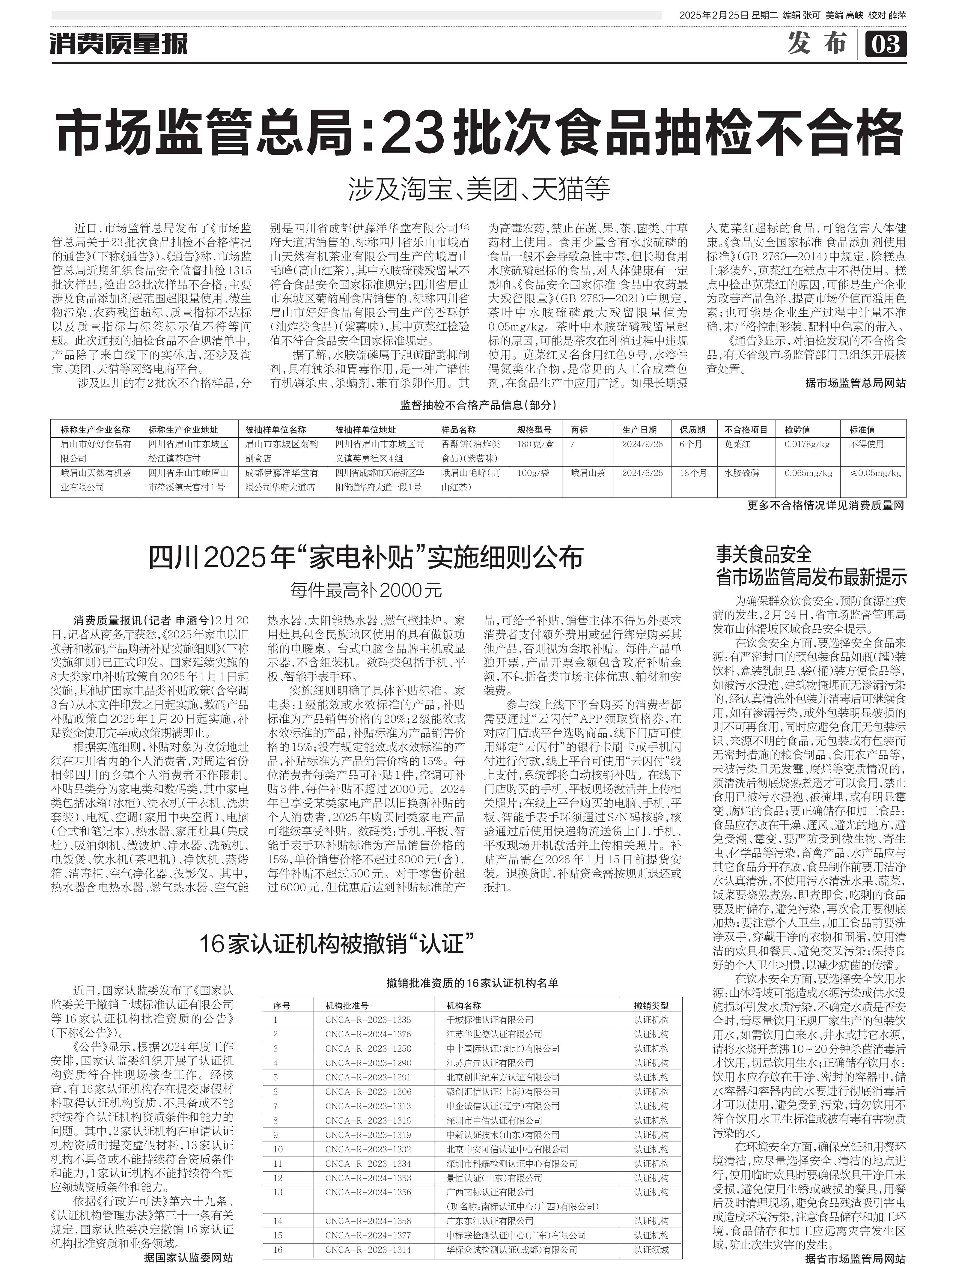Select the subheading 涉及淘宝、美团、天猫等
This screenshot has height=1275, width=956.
point(478,189)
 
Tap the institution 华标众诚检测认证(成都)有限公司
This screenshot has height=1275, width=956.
point(512,1250)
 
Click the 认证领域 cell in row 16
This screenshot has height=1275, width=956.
point(651,1250)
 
